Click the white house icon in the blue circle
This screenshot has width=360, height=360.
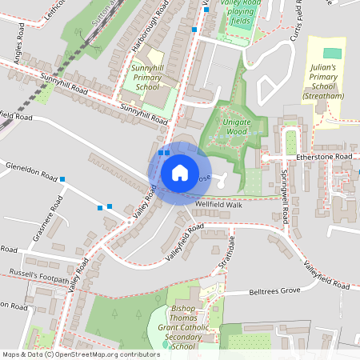pos(179,173)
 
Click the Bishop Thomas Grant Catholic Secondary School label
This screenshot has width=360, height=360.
pos(184,327)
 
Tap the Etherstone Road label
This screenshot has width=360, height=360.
pos(323,158)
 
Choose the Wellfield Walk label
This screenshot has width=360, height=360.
pos(218,204)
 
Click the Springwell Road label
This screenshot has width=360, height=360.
pos(285,195)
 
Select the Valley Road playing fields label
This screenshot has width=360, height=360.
pos(242,13)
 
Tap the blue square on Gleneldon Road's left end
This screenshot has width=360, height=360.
pos(62,179)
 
